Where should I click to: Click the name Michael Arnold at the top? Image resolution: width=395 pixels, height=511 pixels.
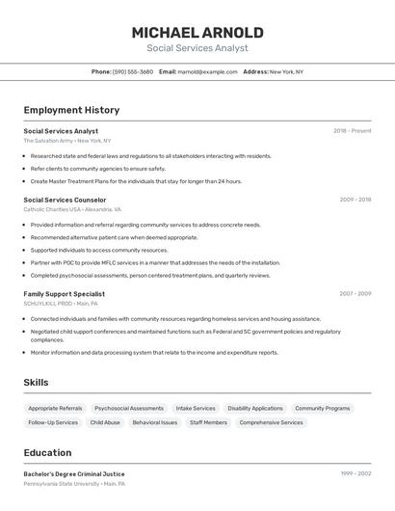click(197, 33)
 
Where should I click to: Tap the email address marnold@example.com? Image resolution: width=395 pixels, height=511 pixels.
click(207, 71)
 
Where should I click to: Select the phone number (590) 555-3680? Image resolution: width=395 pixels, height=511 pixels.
click(133, 71)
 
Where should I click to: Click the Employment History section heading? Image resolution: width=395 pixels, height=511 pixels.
click(71, 110)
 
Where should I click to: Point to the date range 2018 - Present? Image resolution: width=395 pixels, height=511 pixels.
click(352, 131)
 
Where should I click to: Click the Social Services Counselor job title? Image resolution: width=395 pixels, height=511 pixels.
click(65, 200)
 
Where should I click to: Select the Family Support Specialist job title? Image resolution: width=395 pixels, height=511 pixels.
click(65, 293)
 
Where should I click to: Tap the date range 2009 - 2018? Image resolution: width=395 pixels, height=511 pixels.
click(355, 200)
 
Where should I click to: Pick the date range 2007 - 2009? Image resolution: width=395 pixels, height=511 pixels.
click(355, 293)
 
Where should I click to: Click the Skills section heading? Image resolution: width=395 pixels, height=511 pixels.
click(36, 383)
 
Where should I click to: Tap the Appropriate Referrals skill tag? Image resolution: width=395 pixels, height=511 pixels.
click(55, 408)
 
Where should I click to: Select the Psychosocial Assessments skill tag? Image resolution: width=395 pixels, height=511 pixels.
click(129, 408)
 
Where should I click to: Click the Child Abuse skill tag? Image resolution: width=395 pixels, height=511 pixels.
click(105, 422)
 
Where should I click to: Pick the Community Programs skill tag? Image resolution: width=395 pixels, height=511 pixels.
click(322, 408)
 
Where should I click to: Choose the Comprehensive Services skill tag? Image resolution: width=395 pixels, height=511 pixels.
click(271, 422)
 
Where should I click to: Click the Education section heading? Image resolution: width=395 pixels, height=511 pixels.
click(47, 452)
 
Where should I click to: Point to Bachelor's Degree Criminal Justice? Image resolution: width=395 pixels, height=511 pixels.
click(74, 473)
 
